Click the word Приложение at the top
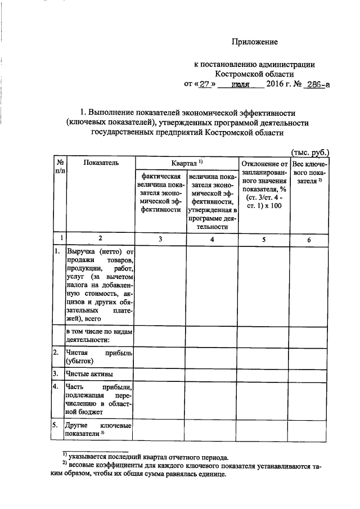256,42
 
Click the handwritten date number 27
205,84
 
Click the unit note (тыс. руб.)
309,151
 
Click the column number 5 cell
264,239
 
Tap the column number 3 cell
160,239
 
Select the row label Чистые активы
89,373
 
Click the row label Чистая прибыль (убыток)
99,357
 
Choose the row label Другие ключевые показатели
99,430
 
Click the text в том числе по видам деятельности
99,335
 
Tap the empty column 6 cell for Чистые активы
309,373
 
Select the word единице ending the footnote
209,475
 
